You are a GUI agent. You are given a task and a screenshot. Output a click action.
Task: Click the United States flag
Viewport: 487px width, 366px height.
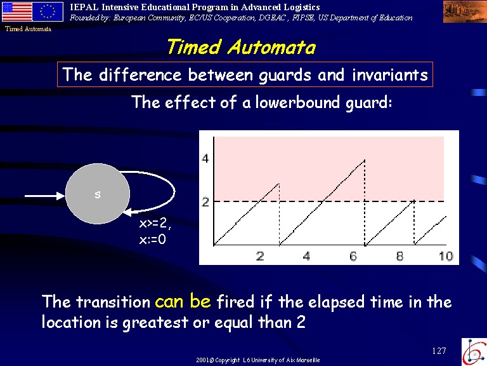coord(16,11)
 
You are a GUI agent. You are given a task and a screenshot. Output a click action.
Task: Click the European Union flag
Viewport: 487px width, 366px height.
coord(48,11)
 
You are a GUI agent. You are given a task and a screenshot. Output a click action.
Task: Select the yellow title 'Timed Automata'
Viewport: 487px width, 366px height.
coord(242,47)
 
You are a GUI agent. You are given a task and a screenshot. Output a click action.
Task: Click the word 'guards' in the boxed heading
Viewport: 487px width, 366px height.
coord(285,75)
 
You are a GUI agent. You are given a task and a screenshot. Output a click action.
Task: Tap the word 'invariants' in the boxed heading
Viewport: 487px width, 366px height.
coord(390,75)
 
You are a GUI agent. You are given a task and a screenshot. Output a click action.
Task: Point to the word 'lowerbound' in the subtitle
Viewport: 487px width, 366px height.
coord(297,102)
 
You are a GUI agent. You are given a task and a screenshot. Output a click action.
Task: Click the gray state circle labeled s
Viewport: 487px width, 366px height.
coord(97,194)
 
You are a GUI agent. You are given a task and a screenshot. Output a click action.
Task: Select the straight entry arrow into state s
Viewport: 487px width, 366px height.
coord(45,196)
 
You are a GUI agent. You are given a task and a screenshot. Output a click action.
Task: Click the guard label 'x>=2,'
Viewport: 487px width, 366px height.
coord(155,224)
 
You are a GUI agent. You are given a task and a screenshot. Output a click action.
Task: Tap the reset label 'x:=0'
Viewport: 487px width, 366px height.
coord(152,240)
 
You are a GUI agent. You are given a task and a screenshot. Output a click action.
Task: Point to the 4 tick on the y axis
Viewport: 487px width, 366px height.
coord(205,158)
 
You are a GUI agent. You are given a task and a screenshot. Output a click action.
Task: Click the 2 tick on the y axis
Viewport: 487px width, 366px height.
coord(205,202)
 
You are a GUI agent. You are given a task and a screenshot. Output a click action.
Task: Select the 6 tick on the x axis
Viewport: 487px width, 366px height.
coord(353,256)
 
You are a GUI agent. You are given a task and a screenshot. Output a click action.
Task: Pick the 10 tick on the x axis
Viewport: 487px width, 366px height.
coord(446,256)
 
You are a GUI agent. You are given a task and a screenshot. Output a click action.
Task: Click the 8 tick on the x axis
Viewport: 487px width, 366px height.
coord(399,256)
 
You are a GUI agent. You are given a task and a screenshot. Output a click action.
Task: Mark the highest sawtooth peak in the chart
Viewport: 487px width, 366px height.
coord(365,160)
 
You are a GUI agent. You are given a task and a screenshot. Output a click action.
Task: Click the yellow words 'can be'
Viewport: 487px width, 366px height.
coord(183,301)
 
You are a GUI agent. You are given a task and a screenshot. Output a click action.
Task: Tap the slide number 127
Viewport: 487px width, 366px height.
coord(439,351)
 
